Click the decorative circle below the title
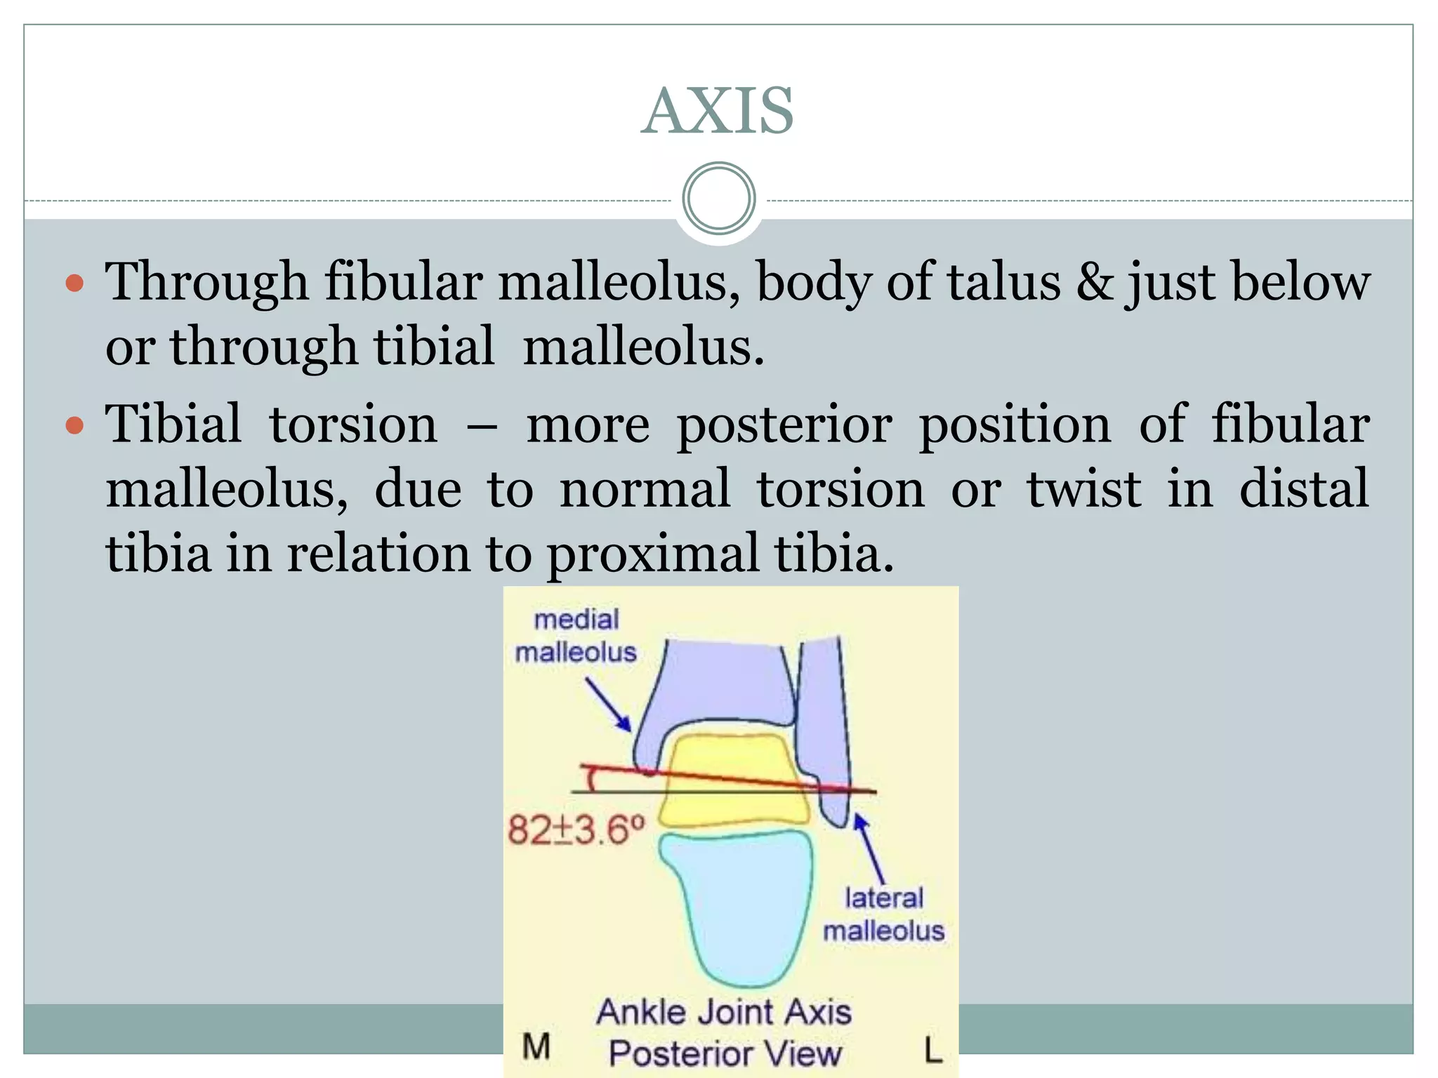718,199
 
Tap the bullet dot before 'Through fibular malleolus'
74,284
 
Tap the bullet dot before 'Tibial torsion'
74,425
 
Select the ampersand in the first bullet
1094,282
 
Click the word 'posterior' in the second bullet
784,425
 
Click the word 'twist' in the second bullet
1084,489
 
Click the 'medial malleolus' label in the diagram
576,636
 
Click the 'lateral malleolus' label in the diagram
883,914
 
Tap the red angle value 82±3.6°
576,830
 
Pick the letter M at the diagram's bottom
536,1047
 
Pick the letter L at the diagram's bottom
932,1051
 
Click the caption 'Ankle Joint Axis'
724,1013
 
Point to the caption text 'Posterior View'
725,1053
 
